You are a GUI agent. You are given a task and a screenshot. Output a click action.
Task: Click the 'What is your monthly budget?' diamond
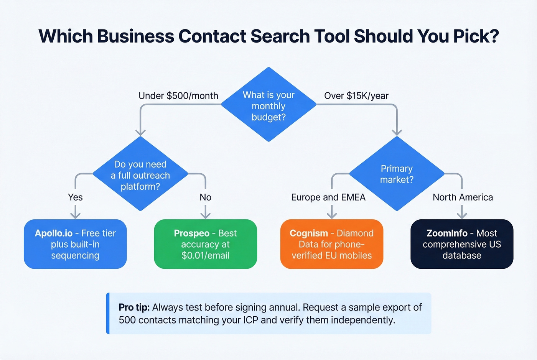268,105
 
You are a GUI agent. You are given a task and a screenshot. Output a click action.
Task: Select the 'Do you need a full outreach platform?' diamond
140,174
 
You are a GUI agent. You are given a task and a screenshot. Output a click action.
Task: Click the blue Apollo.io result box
75,244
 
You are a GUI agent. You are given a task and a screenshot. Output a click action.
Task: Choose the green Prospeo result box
205,244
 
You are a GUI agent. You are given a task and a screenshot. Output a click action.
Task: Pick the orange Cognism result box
332,244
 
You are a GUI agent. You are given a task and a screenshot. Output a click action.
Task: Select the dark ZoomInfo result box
462,244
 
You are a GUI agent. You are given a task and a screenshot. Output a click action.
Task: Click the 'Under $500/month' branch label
178,96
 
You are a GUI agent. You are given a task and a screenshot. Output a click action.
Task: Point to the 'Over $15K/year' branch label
356,96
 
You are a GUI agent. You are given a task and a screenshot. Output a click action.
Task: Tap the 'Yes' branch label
75,197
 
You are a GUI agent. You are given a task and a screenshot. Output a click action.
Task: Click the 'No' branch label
205,197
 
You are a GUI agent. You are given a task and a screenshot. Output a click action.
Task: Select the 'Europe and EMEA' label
328,197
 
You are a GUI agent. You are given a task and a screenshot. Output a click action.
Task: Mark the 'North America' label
463,197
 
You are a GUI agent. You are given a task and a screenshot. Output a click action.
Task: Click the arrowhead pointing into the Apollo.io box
75,215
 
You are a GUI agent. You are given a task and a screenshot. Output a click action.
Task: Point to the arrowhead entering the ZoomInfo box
462,215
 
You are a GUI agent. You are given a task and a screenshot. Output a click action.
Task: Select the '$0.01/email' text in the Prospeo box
205,255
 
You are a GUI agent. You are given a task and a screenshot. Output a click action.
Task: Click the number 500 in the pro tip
127,320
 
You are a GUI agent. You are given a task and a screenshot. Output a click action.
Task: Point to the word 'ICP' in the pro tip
250,320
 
